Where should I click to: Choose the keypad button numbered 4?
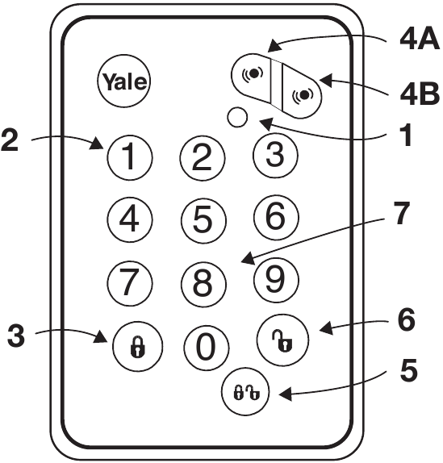coord(130,218)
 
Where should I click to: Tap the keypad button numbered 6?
coord(275,215)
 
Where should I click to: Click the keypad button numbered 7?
coord(130,280)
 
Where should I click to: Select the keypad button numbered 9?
coord(275,279)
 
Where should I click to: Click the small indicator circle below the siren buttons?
coord(237,116)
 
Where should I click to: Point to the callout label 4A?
coord(417,38)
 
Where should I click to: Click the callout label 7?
coord(401,215)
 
